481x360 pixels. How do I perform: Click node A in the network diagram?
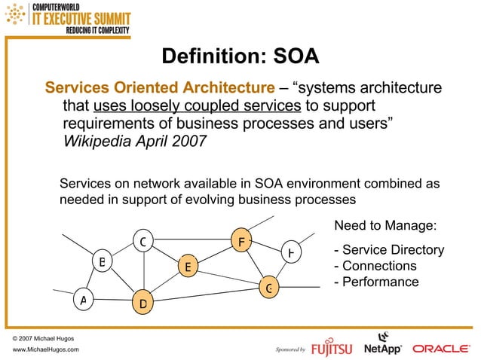84,300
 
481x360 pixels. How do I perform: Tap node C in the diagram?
142,241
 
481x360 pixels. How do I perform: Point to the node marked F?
240,241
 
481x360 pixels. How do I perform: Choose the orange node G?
268,287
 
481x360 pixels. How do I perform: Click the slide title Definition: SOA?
240,56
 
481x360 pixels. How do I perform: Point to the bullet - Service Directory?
388,250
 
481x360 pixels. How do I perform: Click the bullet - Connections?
375,266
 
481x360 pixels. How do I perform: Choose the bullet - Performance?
376,282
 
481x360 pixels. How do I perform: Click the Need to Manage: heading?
385,225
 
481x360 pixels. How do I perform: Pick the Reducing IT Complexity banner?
98,31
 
